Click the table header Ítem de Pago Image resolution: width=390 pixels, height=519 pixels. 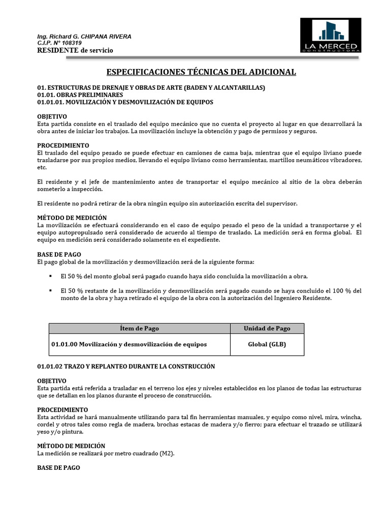139,328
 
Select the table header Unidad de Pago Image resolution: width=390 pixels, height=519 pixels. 267,328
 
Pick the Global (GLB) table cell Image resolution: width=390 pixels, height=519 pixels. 267,344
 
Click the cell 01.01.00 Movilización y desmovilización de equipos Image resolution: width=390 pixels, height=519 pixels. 129,344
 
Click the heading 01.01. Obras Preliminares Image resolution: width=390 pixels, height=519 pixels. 80,95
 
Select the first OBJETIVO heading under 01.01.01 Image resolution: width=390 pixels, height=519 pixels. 52,117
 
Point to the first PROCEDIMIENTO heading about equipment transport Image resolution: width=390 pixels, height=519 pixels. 63,145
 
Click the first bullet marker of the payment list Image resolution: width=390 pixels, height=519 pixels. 51,276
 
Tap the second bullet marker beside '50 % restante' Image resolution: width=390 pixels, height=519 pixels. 51,291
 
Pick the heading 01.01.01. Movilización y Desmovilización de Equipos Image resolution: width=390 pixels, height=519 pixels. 125,102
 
